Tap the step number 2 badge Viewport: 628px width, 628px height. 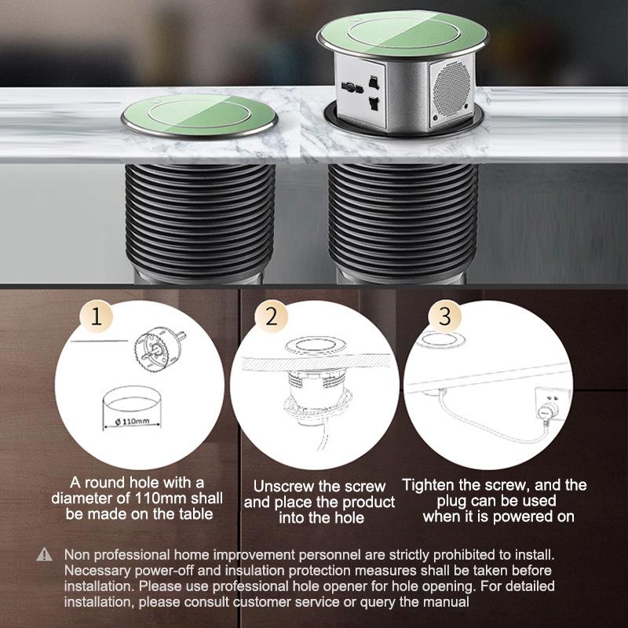click(272, 318)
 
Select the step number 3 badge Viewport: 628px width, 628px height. click(445, 318)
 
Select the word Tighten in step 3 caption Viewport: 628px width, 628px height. click(432, 485)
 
